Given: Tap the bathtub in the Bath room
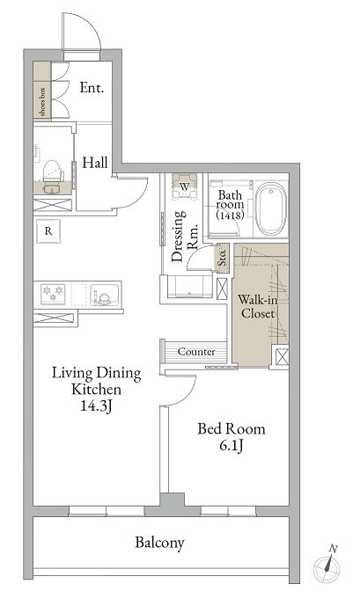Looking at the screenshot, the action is click(x=272, y=208).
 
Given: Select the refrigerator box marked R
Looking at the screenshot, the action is click(x=48, y=231).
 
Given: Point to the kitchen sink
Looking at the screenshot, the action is click(x=105, y=295).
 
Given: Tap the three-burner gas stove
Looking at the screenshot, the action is click(x=53, y=294).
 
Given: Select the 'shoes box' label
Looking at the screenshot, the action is click(x=42, y=102).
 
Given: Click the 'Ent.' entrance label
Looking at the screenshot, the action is click(x=92, y=88).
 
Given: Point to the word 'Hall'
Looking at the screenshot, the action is click(x=95, y=163).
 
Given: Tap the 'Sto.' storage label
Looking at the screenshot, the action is click(x=222, y=257).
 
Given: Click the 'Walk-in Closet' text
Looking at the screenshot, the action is click(x=257, y=306).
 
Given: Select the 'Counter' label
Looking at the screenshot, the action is click(x=196, y=352).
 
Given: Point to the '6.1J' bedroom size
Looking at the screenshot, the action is click(x=231, y=446).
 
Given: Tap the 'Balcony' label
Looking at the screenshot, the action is click(x=159, y=543).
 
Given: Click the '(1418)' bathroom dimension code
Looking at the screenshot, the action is click(x=230, y=215).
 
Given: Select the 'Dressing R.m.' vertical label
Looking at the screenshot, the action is click(x=185, y=236).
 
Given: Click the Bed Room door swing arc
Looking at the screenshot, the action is click(x=185, y=396).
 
